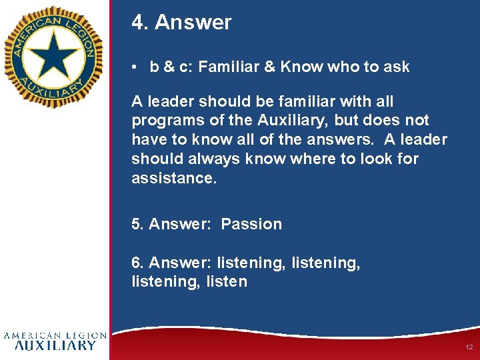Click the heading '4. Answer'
point(181,23)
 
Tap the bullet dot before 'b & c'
point(135,67)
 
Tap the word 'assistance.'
point(174,178)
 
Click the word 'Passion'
point(251,224)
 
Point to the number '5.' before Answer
point(138,224)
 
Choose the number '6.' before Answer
point(138,263)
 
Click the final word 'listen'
point(226,282)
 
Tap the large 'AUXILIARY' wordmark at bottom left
point(55,345)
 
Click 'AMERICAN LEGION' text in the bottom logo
point(55,335)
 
